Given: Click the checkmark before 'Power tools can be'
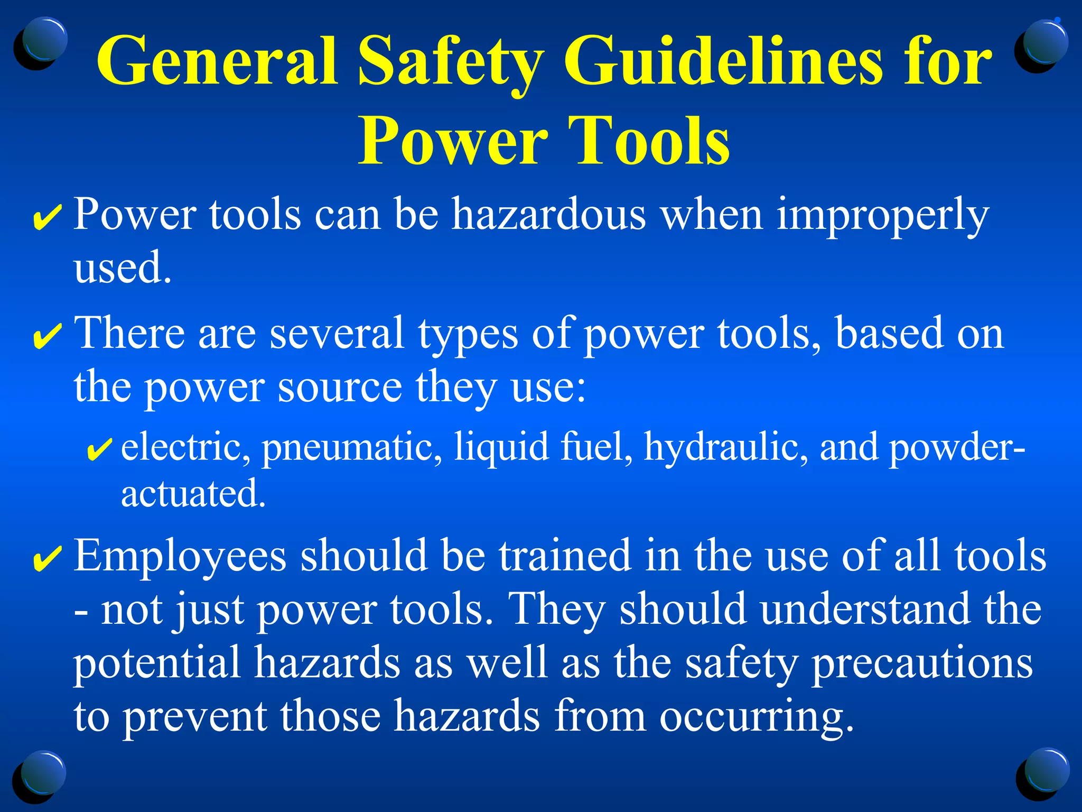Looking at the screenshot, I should pyautogui.click(x=48, y=218).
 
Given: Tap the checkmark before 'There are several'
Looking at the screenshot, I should pyautogui.click(x=48, y=337).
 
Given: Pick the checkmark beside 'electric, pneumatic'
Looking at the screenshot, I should pyautogui.click(x=98, y=449).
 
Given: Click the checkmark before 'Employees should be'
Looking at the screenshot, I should pyautogui.click(x=48, y=559).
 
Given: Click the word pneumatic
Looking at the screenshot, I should pyautogui.click(x=352, y=447).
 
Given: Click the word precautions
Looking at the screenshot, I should pyautogui.click(x=921, y=664).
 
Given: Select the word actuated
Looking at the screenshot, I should pyautogui.click(x=193, y=493).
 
